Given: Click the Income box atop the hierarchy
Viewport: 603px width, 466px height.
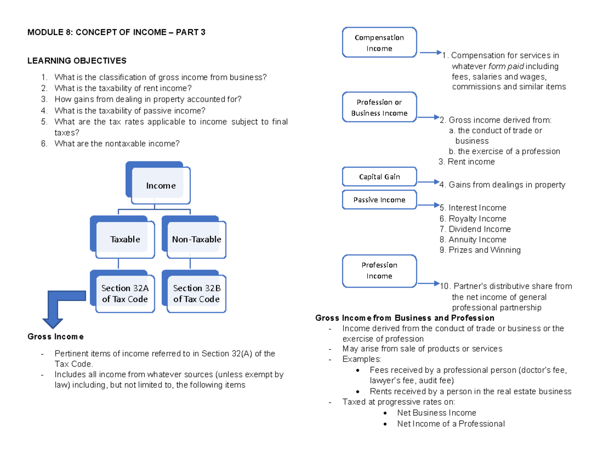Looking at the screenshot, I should [161, 186].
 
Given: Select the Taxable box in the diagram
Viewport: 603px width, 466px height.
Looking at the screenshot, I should [125, 239].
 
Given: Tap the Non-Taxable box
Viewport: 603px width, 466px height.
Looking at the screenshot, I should [196, 239].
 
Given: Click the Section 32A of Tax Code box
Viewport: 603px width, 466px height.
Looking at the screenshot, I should [125, 294].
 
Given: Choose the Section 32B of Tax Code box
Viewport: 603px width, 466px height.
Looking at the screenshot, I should [196, 294].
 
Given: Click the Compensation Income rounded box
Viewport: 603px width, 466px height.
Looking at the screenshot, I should [379, 43].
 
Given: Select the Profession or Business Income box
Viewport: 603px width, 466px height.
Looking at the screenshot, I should [379, 108].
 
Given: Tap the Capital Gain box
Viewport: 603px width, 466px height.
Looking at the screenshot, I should [379, 177].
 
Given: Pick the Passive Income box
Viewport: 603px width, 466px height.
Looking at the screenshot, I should [379, 200].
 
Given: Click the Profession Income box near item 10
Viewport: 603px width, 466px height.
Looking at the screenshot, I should [379, 270].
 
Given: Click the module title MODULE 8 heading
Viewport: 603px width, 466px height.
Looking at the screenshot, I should [117, 33].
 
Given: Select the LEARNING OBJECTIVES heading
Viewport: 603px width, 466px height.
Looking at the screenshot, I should [77, 61].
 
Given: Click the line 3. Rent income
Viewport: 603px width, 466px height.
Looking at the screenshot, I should [466, 162].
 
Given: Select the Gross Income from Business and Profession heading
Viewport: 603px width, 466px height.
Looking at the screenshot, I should [405, 318].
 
